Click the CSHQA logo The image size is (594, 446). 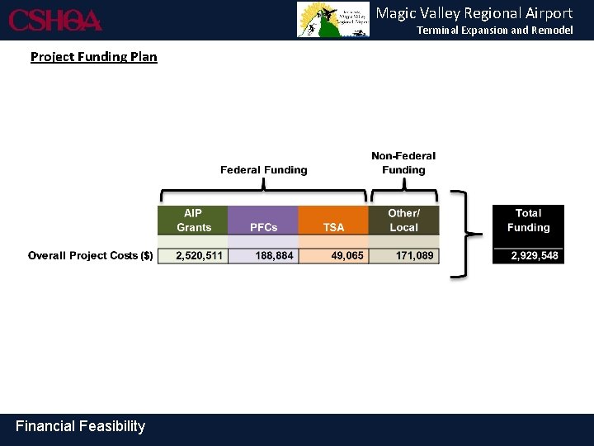pos(55,20)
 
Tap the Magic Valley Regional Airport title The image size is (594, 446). pos(474,13)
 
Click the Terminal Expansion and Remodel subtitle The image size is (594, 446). pos(494,31)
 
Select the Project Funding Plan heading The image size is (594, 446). pos(93,57)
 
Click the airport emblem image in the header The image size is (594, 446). pos(334,20)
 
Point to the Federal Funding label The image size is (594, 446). pos(263,170)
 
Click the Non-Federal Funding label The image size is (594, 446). pos(403,163)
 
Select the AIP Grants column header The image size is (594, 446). pos(193,221)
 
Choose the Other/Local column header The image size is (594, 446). pos(403,221)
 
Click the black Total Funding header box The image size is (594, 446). pos(528,221)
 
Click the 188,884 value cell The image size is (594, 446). pos(263,256)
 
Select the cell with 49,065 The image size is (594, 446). pos(333,256)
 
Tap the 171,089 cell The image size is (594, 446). pos(403,256)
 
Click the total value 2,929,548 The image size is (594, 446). pos(528,256)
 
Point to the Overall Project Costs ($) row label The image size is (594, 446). pos(90,256)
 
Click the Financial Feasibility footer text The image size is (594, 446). pos(80,426)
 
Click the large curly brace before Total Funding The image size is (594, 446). pos(464,235)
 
